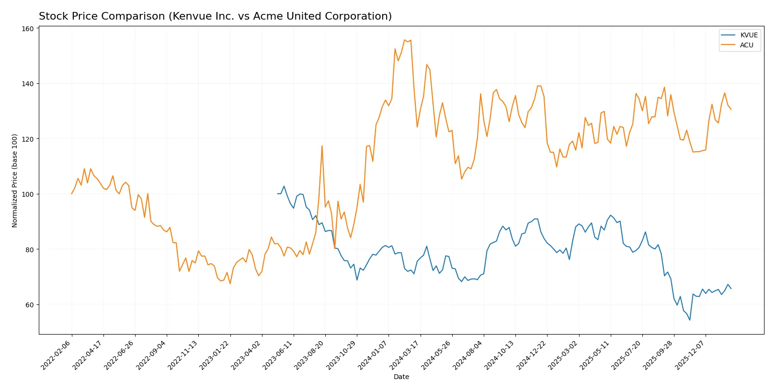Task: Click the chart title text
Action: tap(215, 16)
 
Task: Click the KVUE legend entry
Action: tap(749, 35)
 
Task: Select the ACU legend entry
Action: tap(746, 45)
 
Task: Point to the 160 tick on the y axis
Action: tap(28, 29)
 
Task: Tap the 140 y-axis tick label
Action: tap(28, 84)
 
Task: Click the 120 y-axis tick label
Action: tap(28, 139)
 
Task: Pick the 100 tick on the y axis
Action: tap(28, 194)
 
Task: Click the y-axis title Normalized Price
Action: tap(15, 180)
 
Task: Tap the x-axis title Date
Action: tap(401, 377)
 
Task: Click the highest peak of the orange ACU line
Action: tap(405, 40)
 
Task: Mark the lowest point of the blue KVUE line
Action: tap(690, 320)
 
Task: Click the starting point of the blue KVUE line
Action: tap(278, 194)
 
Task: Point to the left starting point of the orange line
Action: tap(72, 194)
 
